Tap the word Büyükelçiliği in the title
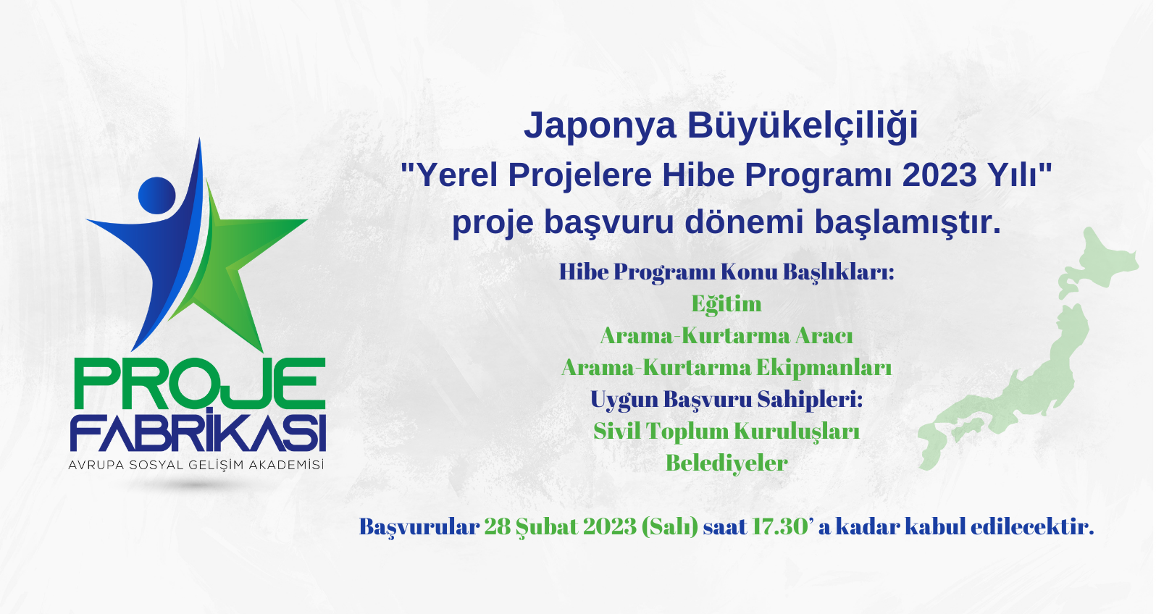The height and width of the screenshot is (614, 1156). (x=803, y=125)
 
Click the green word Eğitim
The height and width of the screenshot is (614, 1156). (x=726, y=304)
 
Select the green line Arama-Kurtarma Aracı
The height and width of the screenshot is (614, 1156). (x=726, y=336)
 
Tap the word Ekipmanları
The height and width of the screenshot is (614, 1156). (x=824, y=369)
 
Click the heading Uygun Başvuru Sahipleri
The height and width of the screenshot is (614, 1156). (x=726, y=400)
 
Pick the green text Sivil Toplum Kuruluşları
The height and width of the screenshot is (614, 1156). (x=726, y=432)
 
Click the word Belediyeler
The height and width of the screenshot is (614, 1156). (x=726, y=463)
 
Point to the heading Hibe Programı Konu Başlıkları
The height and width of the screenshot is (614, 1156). (x=726, y=272)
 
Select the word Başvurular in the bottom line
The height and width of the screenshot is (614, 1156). (x=419, y=527)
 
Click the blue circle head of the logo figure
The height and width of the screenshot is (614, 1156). (x=157, y=195)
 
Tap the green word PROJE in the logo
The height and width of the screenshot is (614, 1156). (x=199, y=383)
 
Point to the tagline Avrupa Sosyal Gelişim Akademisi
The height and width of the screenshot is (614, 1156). (x=196, y=465)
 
